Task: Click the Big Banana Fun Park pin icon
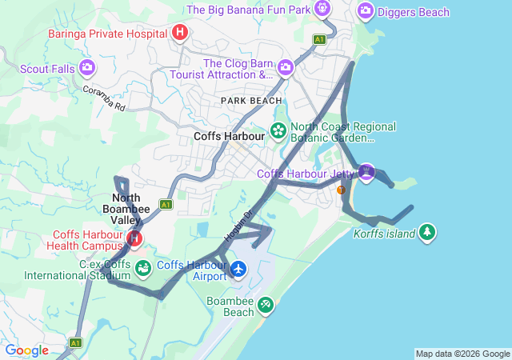322,9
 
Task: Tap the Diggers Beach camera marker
366,10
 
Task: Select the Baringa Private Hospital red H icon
180,33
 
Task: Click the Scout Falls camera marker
87,68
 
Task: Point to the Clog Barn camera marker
286,69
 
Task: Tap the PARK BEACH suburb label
252,101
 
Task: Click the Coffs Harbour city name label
229,137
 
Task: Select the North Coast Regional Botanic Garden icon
278,130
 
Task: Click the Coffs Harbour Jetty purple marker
366,171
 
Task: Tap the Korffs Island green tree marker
428,232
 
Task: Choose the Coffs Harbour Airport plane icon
237,269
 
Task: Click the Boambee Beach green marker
266,305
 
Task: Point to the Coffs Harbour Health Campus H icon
134,238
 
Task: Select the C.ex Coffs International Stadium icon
142,268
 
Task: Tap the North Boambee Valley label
126,209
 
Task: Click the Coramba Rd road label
104,96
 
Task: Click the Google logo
26,350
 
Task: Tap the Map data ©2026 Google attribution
462,354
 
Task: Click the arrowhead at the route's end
264,234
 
